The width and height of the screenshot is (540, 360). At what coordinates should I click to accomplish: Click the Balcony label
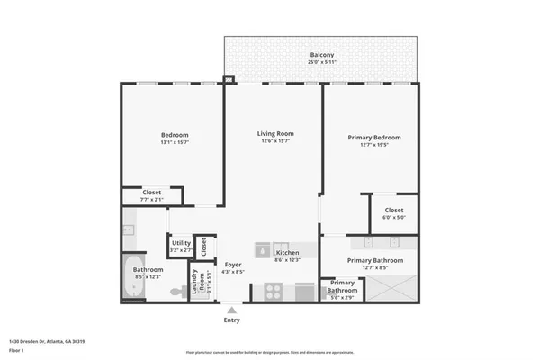pos(321,55)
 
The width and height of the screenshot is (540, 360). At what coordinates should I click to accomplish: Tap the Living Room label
pos(275,134)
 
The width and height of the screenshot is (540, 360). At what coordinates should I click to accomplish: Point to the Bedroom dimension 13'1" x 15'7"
pos(174,141)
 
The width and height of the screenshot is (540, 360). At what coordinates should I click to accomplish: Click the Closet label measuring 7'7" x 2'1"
pos(153,193)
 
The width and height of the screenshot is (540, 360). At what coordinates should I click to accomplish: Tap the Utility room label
pos(180,242)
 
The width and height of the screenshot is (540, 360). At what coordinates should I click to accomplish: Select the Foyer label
pos(233,265)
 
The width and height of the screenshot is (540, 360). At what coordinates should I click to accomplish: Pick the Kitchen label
pos(287,253)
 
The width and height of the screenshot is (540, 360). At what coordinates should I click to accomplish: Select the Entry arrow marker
pos(231,310)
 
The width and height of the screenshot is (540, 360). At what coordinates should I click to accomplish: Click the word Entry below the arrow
pos(231,320)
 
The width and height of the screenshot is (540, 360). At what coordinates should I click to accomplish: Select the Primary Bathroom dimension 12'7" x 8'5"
pos(374,266)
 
